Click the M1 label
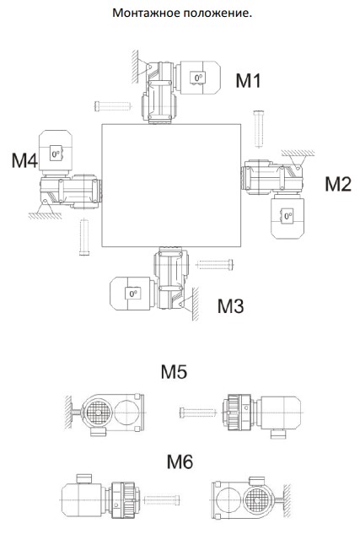coord(249,81)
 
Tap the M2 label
coord(338,184)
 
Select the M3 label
coord(231,306)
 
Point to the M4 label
coord(24,160)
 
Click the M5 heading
coord(174,371)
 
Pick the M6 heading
coord(180,461)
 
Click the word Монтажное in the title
coord(147,13)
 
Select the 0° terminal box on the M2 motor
coord(287,216)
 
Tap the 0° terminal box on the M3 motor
coord(133,294)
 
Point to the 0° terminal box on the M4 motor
coord(56,154)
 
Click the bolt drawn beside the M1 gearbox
coord(113,106)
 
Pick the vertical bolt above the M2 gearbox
coord(259,129)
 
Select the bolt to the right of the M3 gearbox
coord(215,264)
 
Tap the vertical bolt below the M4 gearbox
coord(84,237)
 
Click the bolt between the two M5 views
coord(197,413)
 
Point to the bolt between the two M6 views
coord(162,500)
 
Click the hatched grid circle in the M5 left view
coord(98,413)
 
